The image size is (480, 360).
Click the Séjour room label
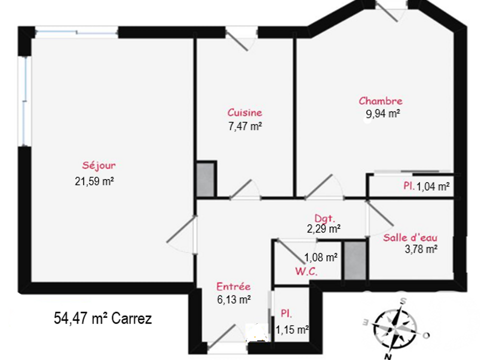[x=99, y=165]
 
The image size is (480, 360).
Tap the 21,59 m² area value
[x=94, y=181]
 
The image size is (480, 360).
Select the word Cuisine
[x=245, y=112]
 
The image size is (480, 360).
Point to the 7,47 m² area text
[x=245, y=126]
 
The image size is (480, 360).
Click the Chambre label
[x=380, y=101]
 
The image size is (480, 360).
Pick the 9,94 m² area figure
[x=383, y=114]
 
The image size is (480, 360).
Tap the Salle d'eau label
[x=410, y=237]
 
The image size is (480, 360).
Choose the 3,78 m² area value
[x=421, y=249]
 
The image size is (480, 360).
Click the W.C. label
[x=306, y=271]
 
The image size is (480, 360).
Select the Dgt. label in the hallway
[x=325, y=218]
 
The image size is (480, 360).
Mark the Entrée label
[x=233, y=286]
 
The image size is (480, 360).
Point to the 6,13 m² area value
[x=234, y=299]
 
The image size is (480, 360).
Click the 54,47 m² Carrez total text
[x=103, y=318]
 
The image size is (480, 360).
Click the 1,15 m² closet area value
[x=292, y=330]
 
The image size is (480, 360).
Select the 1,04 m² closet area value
[x=433, y=186]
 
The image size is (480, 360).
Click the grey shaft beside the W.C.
[x=355, y=260]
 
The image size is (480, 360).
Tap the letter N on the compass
[x=388, y=356]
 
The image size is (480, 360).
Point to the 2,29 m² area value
[x=324, y=228]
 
